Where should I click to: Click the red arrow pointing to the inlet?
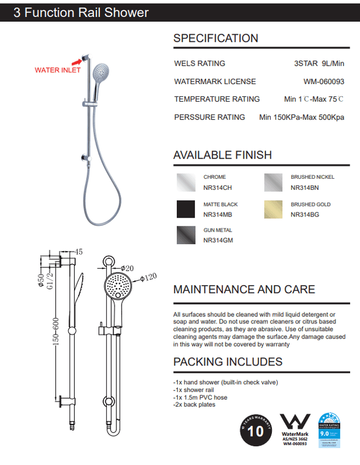(x=77, y=59)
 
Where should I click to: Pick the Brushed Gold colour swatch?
(x=273, y=209)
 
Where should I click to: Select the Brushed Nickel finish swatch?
(x=273, y=182)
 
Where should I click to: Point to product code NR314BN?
(x=305, y=188)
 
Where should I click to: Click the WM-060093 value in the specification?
(x=324, y=82)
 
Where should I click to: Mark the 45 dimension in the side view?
(x=79, y=252)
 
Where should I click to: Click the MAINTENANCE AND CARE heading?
(x=244, y=289)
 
